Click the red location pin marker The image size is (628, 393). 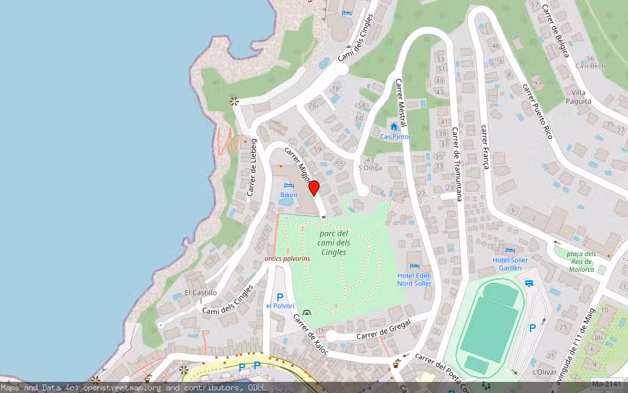click(314, 188)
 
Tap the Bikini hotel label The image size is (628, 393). click(288, 195)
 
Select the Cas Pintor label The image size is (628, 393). click(396, 137)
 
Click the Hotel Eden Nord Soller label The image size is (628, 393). click(414, 280)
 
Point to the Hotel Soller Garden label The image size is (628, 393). click(510, 264)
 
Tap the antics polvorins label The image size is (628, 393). click(287, 259)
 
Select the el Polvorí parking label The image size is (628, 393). click(280, 306)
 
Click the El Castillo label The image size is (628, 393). click(200, 293)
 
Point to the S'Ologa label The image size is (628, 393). click(370, 168)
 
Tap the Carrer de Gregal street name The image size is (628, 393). click(383, 331)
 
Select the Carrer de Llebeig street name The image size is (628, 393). click(253, 167)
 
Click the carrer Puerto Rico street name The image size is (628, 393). click(538, 111)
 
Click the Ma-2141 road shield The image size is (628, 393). click(608, 384)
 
